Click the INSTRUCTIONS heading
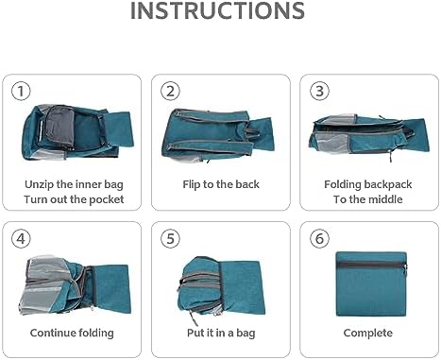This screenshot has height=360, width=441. (x=217, y=11)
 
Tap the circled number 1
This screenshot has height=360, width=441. (x=21, y=91)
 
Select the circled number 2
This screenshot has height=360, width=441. (x=170, y=91)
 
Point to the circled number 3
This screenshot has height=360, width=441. (x=319, y=91)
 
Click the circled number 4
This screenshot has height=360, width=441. (x=21, y=238)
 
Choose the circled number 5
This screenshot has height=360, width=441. (x=170, y=238)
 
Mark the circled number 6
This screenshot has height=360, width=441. (x=319, y=238)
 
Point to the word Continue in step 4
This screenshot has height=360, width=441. (x=53, y=333)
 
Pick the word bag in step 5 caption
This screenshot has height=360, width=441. (x=246, y=334)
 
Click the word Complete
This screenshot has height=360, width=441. (x=368, y=334)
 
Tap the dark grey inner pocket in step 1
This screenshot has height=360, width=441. (x=59, y=125)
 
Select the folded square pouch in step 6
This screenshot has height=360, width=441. (x=372, y=283)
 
